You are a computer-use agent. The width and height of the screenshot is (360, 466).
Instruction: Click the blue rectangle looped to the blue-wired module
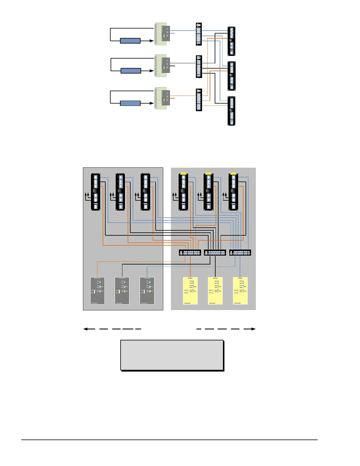[130, 41]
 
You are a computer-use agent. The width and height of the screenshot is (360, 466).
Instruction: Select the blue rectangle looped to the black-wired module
[131, 71]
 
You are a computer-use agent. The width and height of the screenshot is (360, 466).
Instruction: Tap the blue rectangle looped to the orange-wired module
[130, 103]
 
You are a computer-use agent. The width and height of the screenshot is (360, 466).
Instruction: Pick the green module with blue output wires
[161, 34]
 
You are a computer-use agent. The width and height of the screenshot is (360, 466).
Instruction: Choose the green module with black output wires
[161, 66]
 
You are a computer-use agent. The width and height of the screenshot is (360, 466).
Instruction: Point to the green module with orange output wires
[161, 98]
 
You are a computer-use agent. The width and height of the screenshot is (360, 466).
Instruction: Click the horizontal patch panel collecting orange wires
[190, 252]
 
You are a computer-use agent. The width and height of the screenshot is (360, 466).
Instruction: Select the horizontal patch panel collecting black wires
[215, 252]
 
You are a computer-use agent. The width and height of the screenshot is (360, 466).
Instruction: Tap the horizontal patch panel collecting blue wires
[240, 252]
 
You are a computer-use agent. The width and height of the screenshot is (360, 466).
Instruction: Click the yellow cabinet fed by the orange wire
[190, 291]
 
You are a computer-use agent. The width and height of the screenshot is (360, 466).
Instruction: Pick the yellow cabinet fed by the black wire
[215, 291]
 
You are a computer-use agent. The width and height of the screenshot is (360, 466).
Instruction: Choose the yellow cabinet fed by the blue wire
[240, 291]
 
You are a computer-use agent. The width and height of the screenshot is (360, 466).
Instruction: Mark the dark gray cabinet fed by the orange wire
[97, 291]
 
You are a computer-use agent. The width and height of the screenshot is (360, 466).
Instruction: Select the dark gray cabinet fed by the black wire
[122, 291]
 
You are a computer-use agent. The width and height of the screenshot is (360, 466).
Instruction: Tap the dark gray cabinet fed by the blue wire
[147, 291]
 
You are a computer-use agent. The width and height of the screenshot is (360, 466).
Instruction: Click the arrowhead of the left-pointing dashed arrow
[86, 329]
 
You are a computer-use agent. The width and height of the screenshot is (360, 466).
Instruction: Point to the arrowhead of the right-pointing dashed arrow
[254, 329]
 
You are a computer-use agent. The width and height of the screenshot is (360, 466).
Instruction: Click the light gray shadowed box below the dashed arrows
[172, 355]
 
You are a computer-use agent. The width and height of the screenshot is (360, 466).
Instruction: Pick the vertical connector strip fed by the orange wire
[199, 100]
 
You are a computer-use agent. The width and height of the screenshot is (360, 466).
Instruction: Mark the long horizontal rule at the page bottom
[169, 440]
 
